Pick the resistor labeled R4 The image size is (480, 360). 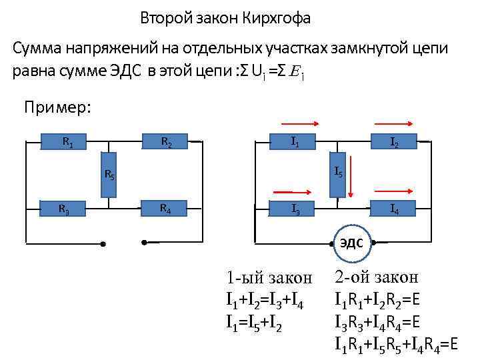pos(164,209)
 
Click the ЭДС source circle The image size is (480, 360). pos(352,243)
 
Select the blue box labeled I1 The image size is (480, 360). pos(294,141)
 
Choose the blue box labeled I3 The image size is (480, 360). pos(294,209)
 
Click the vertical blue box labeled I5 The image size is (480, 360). pos(338,172)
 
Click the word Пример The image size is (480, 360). pos(57,107)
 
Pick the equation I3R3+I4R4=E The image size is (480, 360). pos(377,324)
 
